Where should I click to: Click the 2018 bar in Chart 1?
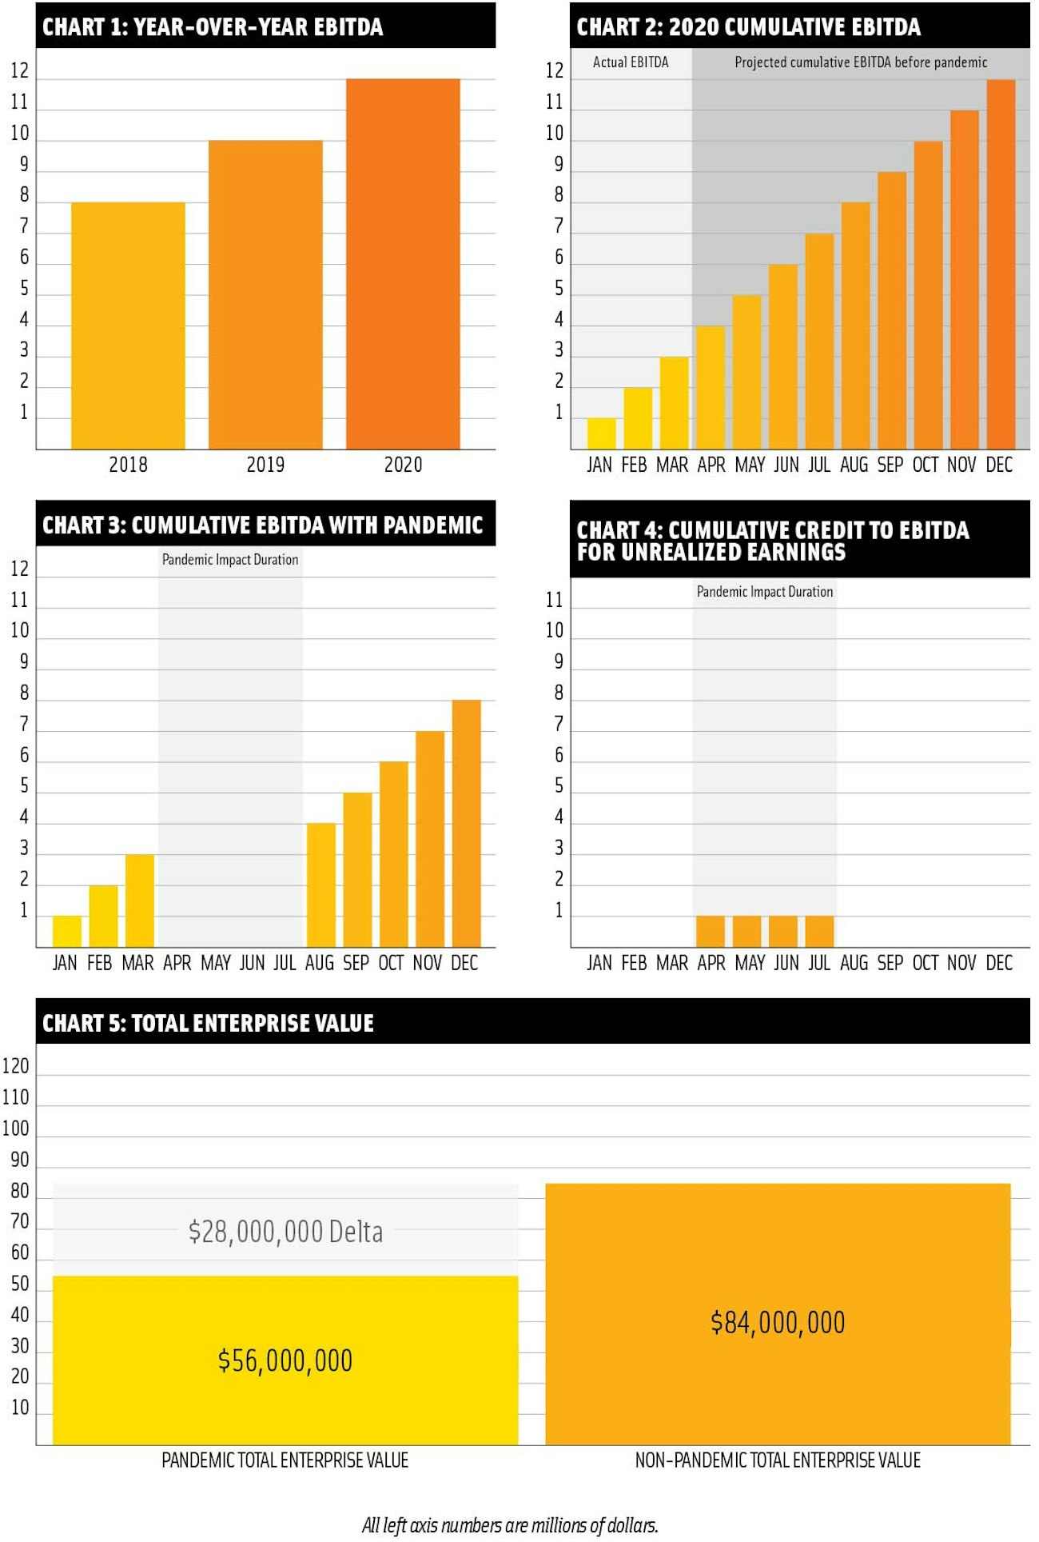[128, 326]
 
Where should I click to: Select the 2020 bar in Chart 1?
[403, 264]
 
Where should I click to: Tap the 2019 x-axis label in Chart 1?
[265, 465]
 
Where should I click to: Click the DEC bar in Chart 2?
[1001, 264]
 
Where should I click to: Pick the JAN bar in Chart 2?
[601, 433]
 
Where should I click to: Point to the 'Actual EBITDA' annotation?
[631, 62]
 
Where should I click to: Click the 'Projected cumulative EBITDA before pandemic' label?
[861, 62]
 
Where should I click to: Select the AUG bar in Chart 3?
[321, 885]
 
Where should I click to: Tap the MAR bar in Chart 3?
[140, 901]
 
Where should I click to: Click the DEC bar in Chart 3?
[467, 824]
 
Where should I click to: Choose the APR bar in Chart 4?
[711, 932]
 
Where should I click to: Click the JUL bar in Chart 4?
[819, 932]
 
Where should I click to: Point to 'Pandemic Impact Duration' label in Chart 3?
[230, 560]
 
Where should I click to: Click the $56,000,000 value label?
[285, 1360]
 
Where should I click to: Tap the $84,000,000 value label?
[778, 1323]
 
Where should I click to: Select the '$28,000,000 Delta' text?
[285, 1232]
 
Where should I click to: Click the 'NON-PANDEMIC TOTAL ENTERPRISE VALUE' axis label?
[778, 1460]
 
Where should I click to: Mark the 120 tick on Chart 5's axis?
[15, 1066]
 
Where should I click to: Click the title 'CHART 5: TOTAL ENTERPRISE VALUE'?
[208, 1024]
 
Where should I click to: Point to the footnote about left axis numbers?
[510, 1525]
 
